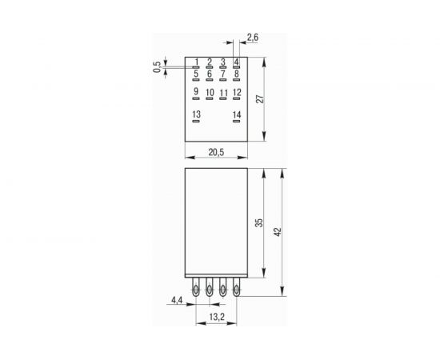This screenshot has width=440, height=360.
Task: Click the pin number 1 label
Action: pos(197,62)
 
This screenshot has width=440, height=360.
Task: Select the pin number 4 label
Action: pos(237,62)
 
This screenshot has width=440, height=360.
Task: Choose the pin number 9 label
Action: pos(196,92)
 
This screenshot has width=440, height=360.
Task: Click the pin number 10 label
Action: pos(210,93)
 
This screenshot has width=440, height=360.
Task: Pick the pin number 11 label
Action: pos(223,93)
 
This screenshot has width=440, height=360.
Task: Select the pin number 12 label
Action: pos(237,93)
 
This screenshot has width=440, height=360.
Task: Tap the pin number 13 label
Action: pos(197,115)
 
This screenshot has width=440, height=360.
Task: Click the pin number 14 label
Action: pos(237,115)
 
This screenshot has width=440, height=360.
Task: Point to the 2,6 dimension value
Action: pos(253,38)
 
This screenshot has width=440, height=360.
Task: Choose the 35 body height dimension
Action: pos(258,223)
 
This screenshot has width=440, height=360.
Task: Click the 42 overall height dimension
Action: pos(278,232)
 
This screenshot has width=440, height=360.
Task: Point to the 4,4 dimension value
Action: pos(176,300)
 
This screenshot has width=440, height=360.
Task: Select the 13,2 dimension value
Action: pos(216,317)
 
